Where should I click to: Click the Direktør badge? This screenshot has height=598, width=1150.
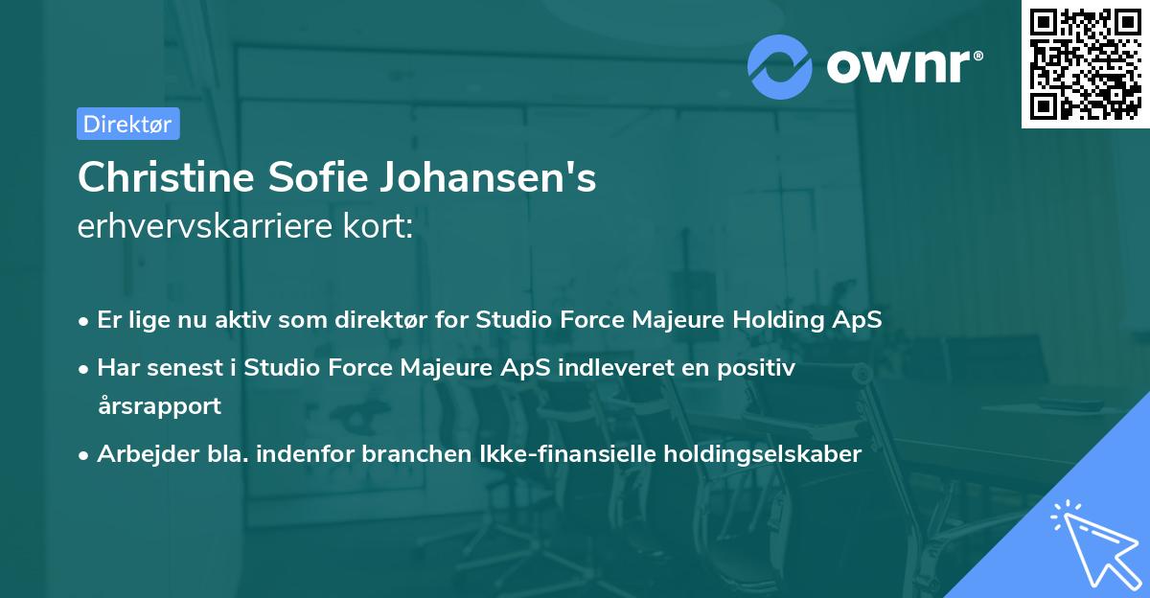click(x=127, y=124)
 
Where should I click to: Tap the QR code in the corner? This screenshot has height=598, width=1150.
click(x=1086, y=63)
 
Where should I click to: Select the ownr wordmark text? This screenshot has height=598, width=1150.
click(x=904, y=66)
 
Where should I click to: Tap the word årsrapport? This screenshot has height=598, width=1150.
click(x=159, y=405)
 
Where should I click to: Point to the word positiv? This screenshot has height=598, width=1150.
click(x=757, y=367)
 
